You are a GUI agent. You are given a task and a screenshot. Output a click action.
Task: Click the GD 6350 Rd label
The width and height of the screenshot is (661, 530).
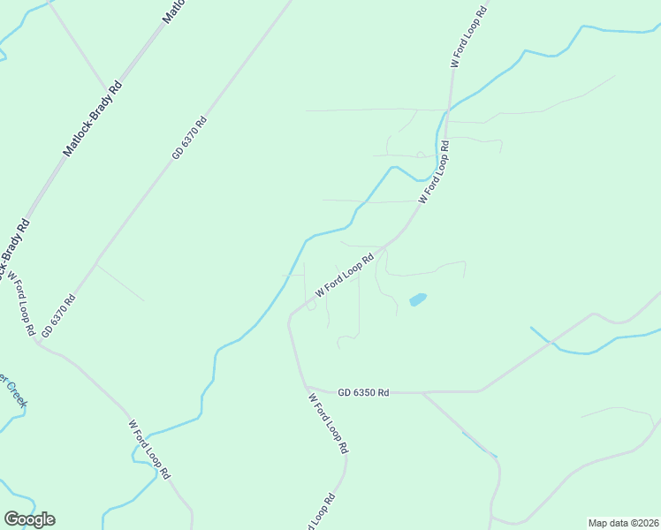363,391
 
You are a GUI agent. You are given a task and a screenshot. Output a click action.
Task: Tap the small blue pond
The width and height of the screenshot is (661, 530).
417,299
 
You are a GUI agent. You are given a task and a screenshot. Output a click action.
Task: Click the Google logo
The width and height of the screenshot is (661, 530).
29,519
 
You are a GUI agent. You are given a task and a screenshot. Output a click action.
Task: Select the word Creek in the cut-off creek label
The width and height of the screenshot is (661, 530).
17,391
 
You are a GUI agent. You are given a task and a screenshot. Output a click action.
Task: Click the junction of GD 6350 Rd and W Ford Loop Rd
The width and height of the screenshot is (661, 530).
308,388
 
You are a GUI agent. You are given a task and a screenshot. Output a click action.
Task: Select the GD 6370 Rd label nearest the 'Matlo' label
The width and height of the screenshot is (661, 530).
189,138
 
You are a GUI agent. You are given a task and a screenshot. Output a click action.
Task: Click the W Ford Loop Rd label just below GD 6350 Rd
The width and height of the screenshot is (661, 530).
328,423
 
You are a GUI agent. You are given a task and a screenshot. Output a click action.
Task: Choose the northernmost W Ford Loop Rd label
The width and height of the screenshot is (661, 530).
468,37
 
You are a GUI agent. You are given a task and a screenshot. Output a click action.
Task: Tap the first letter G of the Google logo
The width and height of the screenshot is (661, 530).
11,519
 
